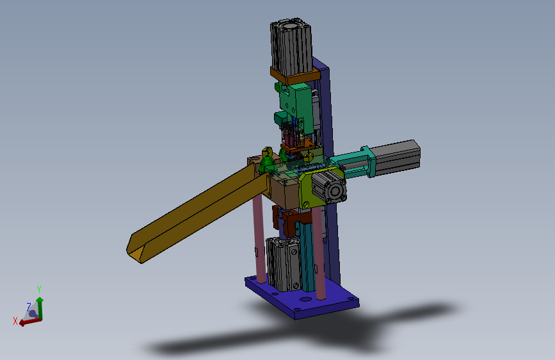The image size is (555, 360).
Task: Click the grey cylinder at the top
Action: point(291,46)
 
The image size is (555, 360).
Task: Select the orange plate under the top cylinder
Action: point(296,76)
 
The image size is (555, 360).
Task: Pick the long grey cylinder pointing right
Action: point(396,158)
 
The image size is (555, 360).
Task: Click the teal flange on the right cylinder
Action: point(368,162)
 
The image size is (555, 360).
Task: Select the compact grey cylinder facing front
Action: point(329,187)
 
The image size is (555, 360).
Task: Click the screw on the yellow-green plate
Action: point(306,204)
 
